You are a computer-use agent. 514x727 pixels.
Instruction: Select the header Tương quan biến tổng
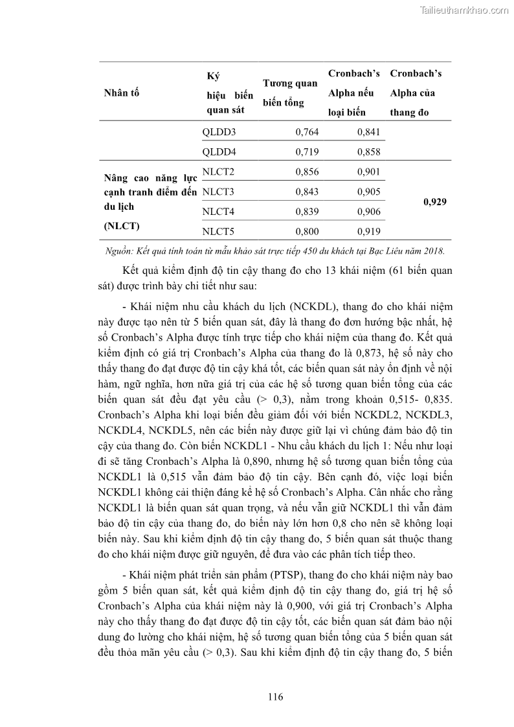tap(290, 93)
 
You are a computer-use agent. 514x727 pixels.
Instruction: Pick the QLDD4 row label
tap(219, 152)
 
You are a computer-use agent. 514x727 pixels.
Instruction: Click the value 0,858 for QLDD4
tap(369, 152)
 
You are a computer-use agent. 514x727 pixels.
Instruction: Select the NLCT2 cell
tap(218, 172)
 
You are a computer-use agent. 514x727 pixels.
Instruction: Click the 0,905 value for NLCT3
tap(369, 192)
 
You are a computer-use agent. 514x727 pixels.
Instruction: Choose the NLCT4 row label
tap(218, 211)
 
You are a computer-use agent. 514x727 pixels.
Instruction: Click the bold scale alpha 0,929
tap(434, 201)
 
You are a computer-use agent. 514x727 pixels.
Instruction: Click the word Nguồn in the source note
tap(118, 251)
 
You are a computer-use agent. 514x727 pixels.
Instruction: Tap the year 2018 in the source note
tap(434, 251)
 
